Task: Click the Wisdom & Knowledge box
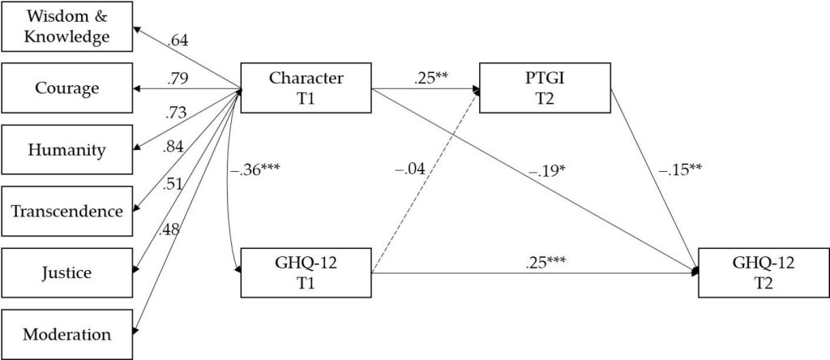67,26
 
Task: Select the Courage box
67,88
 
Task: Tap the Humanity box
67,149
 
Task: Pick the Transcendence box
67,211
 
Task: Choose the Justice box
67,272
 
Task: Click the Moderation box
67,334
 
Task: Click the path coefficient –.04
411,170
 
